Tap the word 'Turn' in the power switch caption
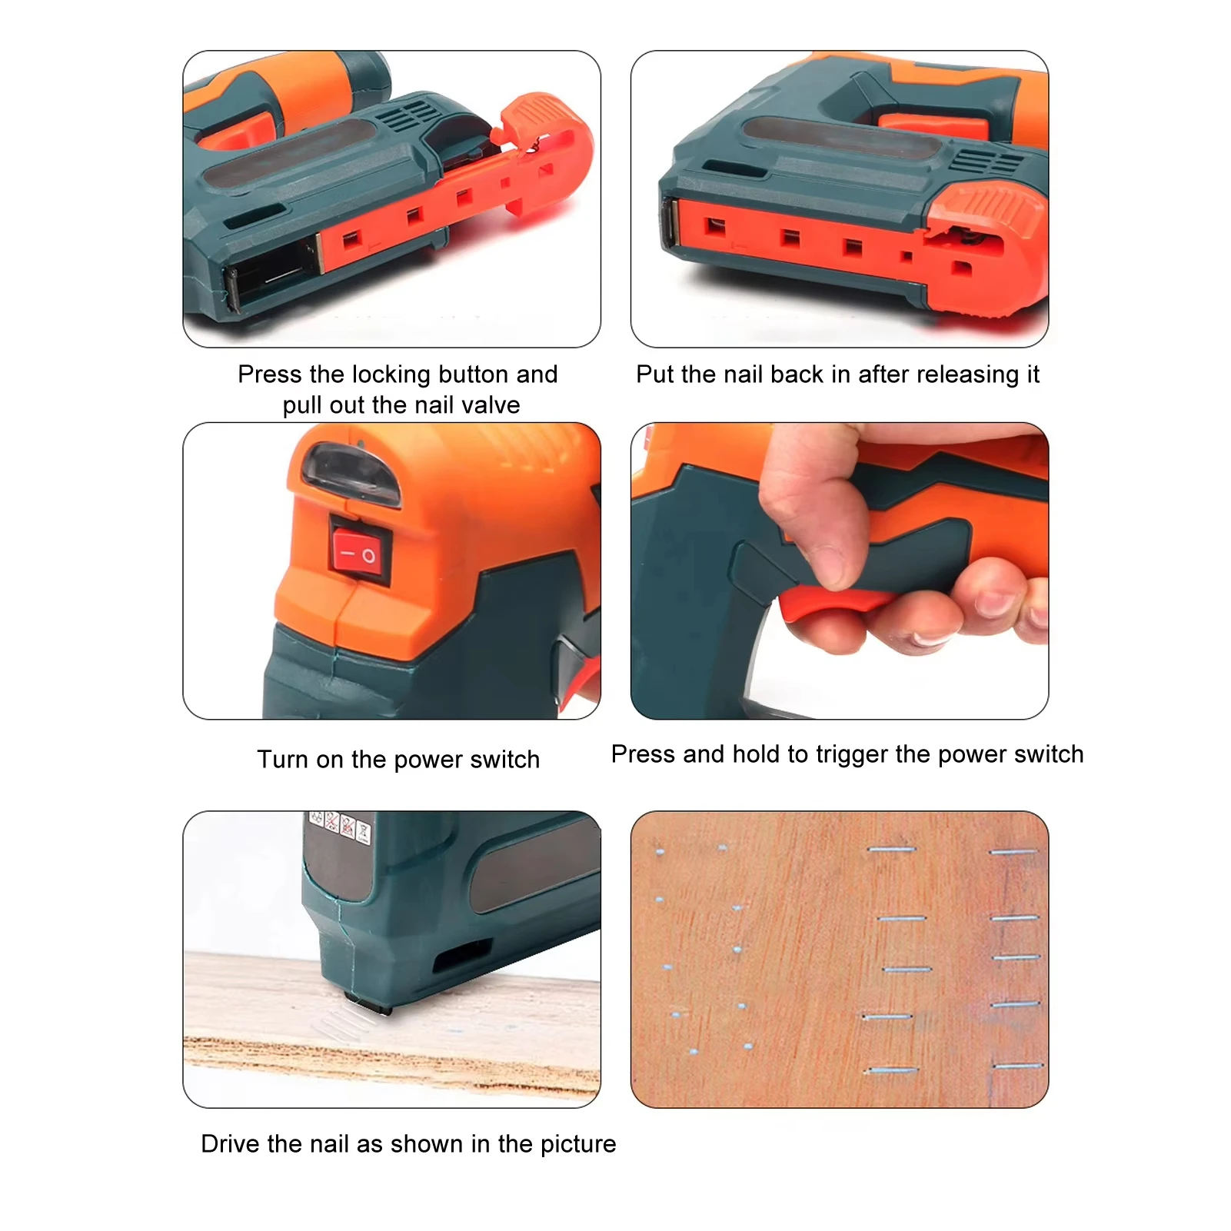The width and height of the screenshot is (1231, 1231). coord(282,760)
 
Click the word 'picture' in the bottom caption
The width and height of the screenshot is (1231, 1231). coord(578,1144)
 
